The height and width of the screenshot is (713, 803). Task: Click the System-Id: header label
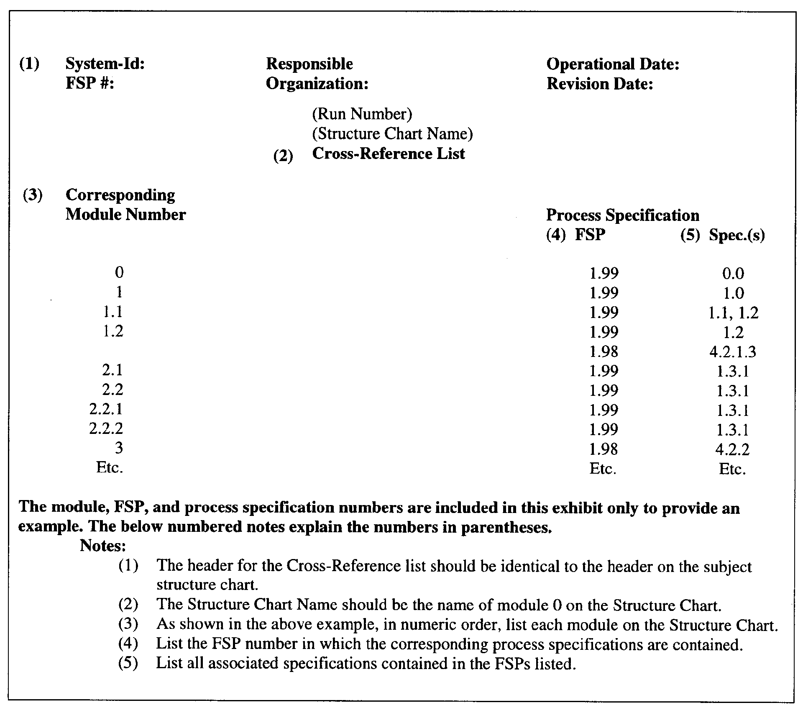click(105, 64)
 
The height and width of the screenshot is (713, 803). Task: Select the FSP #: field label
click(90, 84)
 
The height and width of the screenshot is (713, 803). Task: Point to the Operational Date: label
click(613, 64)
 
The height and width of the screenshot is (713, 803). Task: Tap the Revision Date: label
click(600, 84)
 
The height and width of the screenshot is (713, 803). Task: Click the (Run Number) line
click(362, 114)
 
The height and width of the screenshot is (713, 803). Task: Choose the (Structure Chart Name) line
click(392, 134)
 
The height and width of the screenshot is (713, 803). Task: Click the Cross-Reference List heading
click(389, 154)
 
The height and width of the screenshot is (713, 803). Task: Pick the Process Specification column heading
click(622, 215)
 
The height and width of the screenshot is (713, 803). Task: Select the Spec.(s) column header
click(737, 235)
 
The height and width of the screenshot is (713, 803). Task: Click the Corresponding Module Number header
click(125, 205)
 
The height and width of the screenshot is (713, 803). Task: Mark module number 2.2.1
click(106, 409)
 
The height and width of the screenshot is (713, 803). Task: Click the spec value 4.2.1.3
click(733, 352)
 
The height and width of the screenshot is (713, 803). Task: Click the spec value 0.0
click(733, 274)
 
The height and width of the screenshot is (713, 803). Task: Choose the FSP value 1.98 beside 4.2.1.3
click(604, 352)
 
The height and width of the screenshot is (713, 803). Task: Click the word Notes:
click(103, 546)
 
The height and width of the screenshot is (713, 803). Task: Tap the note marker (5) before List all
click(128, 663)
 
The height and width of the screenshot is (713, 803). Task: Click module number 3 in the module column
click(119, 448)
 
